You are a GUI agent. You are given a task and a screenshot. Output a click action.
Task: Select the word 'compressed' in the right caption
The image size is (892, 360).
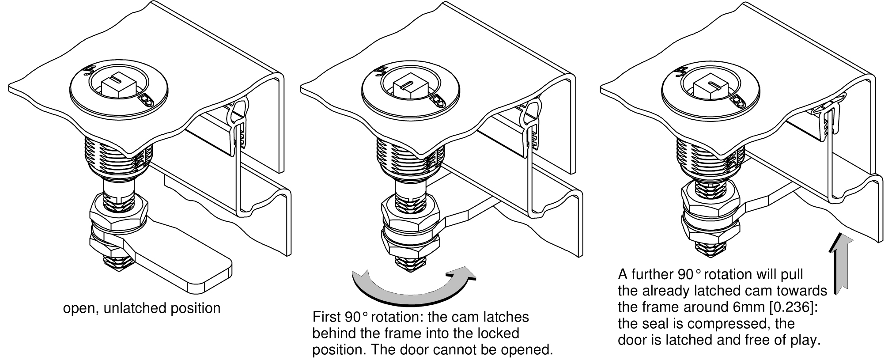click(x=718, y=324)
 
